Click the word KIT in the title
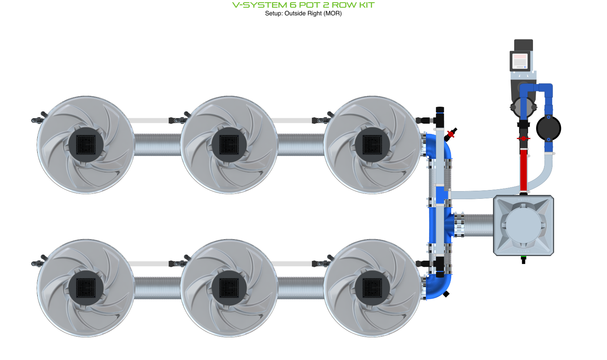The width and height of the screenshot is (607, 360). (x=367, y=5)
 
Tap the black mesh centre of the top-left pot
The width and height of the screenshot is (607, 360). (x=86, y=145)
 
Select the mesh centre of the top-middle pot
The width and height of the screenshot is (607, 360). (x=229, y=145)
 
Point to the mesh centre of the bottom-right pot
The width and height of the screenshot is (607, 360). (x=372, y=288)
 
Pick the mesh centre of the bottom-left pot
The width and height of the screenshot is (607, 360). (x=86, y=288)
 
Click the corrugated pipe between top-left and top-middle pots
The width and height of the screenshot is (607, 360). (x=157, y=145)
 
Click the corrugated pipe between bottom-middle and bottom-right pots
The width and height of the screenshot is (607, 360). (x=301, y=288)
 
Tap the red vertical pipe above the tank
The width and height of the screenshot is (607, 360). (x=523, y=169)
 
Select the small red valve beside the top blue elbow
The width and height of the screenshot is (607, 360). (x=451, y=134)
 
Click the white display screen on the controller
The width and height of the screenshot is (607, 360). (x=520, y=61)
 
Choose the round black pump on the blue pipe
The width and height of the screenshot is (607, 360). (x=549, y=129)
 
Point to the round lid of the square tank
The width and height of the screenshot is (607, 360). (x=523, y=225)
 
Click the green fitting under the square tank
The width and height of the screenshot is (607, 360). (x=523, y=259)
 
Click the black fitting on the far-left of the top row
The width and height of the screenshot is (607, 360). (x=37, y=120)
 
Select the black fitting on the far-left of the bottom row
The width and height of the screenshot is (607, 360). (x=37, y=263)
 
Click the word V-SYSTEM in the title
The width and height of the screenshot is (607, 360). (x=259, y=5)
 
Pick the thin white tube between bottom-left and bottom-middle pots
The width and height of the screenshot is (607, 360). (x=151, y=264)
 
